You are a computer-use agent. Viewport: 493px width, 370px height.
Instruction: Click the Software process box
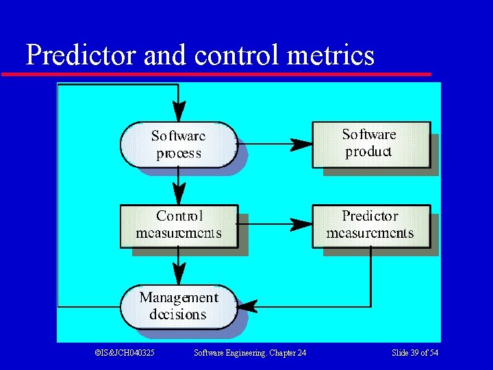click(x=178, y=144)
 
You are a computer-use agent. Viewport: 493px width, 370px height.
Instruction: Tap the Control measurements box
click(x=179, y=225)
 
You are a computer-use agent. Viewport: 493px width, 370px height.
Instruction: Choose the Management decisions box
click(x=178, y=306)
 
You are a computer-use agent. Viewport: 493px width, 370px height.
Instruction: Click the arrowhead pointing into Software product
click(x=301, y=144)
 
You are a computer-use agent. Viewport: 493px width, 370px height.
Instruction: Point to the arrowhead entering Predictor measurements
click(x=301, y=223)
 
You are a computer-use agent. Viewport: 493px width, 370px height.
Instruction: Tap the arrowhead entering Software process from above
click(x=178, y=112)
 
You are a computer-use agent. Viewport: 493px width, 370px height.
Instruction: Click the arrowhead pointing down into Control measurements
click(x=178, y=195)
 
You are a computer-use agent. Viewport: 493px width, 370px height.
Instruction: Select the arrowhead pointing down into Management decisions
click(x=178, y=275)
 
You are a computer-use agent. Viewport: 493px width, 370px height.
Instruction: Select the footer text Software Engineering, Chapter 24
click(x=250, y=353)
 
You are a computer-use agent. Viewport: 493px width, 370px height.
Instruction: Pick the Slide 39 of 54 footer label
click(x=414, y=353)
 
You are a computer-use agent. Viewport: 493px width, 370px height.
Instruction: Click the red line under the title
click(x=216, y=73)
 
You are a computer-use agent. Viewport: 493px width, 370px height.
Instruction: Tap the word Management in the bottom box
click(x=178, y=297)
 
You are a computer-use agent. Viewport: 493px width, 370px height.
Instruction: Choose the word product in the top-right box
click(x=368, y=152)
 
